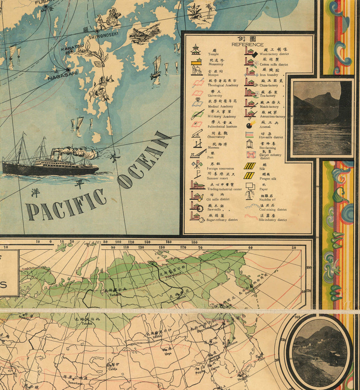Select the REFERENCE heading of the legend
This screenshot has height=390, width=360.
248,44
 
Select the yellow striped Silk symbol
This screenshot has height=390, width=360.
250,166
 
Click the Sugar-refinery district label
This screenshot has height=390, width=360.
222,220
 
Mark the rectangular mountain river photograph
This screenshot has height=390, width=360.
322,118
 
